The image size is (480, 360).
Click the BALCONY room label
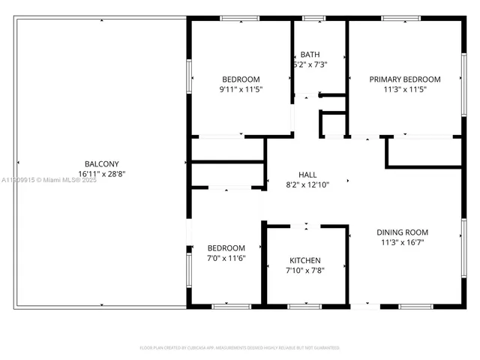click(100, 164)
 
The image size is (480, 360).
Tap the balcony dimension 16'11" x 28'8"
click(100, 174)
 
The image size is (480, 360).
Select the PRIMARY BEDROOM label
click(404, 79)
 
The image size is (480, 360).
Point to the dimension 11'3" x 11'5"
click(404, 88)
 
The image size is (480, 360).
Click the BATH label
click(310, 55)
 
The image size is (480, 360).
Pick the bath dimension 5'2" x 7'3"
click(310, 64)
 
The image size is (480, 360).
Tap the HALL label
click(307, 173)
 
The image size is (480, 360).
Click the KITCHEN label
click(305, 260)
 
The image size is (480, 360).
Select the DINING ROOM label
click(402, 232)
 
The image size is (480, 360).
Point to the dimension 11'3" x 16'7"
click(402, 242)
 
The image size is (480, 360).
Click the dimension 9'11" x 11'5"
click(241, 88)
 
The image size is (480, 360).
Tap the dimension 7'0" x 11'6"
click(226, 258)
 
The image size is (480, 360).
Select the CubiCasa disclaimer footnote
click(240, 347)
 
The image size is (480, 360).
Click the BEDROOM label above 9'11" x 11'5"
click(241, 79)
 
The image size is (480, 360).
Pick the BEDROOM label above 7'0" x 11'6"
click(226, 248)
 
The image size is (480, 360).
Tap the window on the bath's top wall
click(313, 18)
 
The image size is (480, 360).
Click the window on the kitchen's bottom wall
click(304, 306)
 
